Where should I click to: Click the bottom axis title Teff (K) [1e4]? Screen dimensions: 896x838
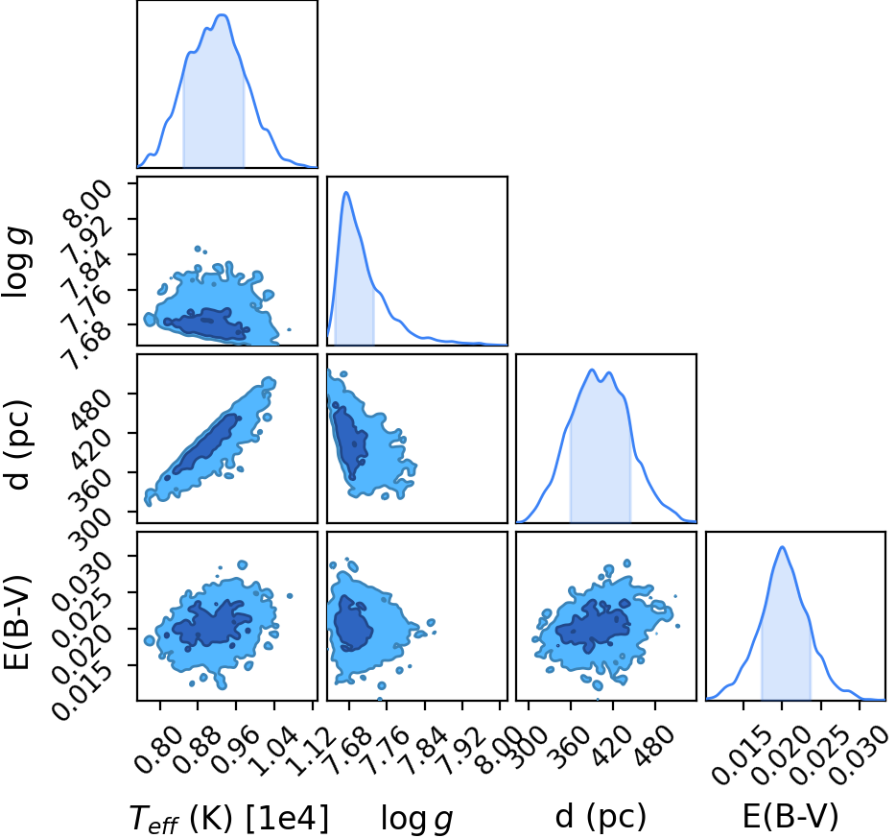coord(229,818)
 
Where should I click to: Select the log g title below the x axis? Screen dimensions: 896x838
coord(417,819)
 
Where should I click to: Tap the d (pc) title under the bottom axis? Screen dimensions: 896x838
coord(601,817)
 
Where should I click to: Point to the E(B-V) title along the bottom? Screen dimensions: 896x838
coord(790,816)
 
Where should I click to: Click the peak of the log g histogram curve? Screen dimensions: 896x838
coord(346,193)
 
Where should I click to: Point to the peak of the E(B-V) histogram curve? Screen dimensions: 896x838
coord(782,547)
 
